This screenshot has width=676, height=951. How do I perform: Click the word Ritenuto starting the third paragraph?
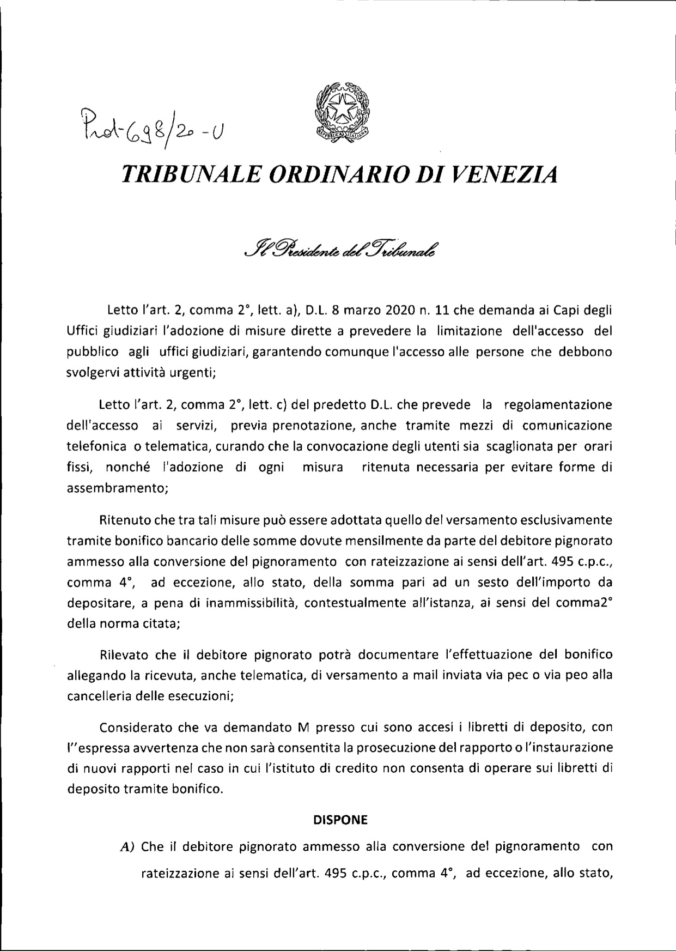tap(123, 519)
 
